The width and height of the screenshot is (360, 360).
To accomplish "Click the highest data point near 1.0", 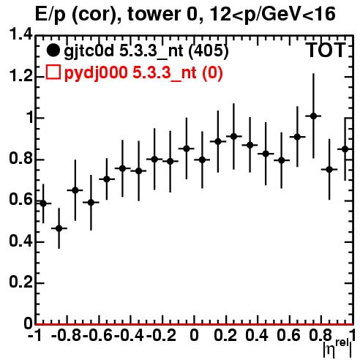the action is (x=313, y=116).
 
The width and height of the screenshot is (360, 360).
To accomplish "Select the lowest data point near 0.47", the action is (x=59, y=228).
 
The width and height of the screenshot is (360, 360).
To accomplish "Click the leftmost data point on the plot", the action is (x=43, y=203).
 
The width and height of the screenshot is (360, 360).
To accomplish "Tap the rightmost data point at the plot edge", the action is (x=345, y=149).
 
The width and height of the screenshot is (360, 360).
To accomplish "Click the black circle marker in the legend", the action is (x=53, y=50).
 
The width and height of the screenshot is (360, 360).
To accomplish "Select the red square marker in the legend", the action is (x=53, y=72).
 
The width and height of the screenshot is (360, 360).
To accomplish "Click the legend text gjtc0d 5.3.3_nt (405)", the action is (x=146, y=51).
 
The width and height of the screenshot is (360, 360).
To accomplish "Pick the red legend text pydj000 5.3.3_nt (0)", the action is (x=143, y=72).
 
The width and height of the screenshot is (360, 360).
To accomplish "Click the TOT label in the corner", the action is (x=326, y=50).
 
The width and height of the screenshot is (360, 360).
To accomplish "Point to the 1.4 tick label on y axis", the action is (x=21, y=35).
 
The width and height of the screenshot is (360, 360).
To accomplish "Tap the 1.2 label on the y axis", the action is (x=21, y=76).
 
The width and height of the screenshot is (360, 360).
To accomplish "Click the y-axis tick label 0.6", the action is (x=21, y=200).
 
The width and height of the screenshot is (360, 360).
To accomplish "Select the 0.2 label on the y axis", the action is (x=21, y=282).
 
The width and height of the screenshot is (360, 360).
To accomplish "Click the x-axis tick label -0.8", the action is (x=66, y=335).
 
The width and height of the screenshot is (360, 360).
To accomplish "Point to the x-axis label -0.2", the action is (x=161, y=335).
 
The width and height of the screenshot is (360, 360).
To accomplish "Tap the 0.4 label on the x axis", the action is (x=257, y=335).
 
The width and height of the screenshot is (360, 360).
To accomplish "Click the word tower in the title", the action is (x=154, y=14).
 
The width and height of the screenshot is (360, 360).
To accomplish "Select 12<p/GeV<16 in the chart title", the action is (x=272, y=15).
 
